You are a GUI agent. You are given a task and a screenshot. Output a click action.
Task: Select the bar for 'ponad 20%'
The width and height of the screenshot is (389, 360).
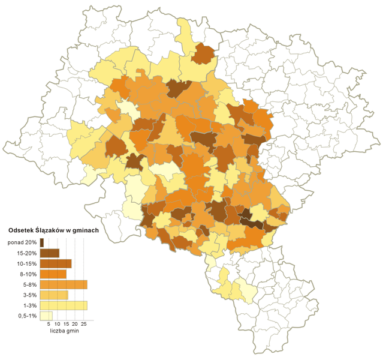(42, 242)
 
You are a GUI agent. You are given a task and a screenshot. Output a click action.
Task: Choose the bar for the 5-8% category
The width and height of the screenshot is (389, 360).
(64, 284)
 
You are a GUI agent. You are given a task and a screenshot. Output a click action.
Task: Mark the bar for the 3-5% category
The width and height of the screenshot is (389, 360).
(54, 295)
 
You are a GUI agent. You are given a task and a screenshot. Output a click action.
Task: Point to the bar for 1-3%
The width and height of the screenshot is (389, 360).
(64, 305)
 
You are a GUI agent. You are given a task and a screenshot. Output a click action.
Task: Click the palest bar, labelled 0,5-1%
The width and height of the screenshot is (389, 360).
(46, 316)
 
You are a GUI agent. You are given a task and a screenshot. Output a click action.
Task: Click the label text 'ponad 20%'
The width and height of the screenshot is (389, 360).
(23, 242)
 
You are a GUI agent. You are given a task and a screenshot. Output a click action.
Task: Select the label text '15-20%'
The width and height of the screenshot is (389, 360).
(27, 253)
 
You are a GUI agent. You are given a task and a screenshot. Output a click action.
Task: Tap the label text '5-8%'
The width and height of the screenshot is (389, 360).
(29, 284)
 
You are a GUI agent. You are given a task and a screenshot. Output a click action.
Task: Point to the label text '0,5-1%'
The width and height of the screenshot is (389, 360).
(27, 316)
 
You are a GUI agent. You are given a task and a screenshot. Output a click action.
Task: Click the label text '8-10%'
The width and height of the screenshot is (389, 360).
(28, 274)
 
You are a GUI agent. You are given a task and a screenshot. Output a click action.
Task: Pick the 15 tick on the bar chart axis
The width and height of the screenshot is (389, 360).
(66, 324)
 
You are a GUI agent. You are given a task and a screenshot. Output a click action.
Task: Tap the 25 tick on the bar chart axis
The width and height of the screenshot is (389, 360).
(84, 324)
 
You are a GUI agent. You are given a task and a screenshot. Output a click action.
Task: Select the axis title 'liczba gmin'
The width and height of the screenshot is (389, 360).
(64, 331)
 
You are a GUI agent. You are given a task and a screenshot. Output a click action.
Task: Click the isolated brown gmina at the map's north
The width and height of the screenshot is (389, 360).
(204, 53)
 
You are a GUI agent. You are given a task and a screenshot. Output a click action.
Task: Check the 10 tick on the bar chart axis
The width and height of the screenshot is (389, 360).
(57, 324)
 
